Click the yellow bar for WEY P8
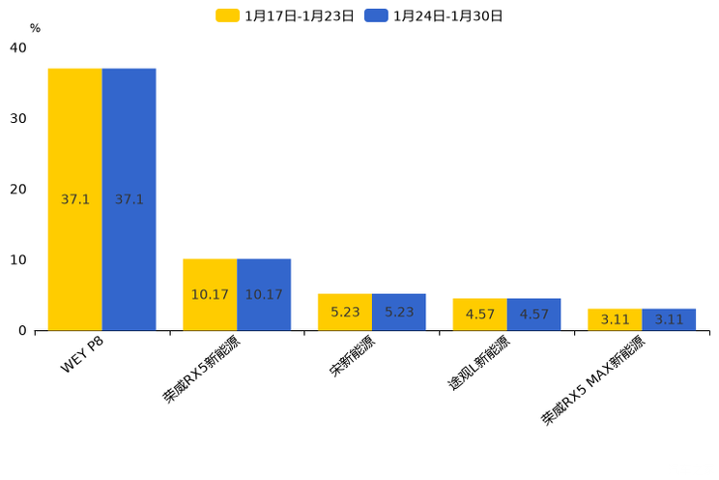75,199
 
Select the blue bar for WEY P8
129,199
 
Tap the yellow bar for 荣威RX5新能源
210,294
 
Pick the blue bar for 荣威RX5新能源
264,294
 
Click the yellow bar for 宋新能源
345,312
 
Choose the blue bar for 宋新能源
399,312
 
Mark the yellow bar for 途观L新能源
479,315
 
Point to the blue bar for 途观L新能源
533,315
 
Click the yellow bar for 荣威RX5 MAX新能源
615,319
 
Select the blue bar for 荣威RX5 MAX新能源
669,319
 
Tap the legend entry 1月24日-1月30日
435,15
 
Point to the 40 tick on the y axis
18,47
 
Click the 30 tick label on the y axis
18,118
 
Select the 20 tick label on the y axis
18,189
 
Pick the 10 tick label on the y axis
18,259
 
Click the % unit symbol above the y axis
35,28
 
